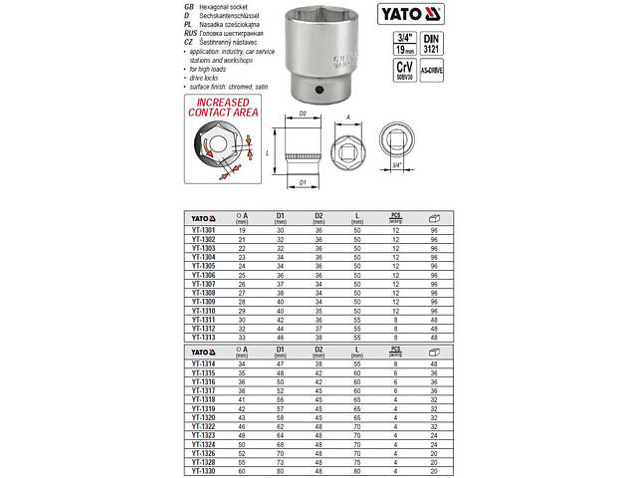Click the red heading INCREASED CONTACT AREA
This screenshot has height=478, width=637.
tap(220, 108)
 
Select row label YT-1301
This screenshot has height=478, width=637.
tap(205, 231)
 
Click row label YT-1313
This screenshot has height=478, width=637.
tap(205, 337)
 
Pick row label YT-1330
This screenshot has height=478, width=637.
tap(205, 470)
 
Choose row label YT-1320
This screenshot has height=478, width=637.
tap(205, 417)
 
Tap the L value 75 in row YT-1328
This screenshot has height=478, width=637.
tap(356, 461)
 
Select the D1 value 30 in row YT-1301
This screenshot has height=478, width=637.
tap(281, 231)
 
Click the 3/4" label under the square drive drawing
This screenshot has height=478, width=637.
tap(397, 165)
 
